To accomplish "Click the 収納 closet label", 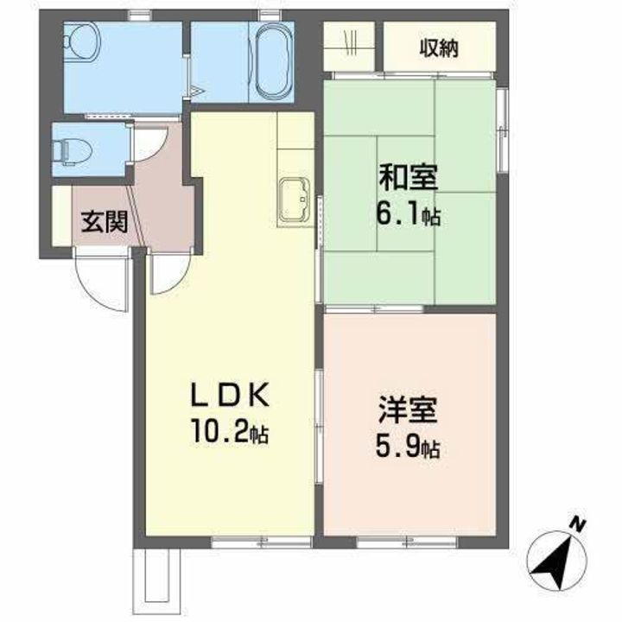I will (x=439, y=48).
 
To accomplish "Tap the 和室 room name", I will (x=408, y=180).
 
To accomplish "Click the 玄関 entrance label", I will (x=105, y=222).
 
